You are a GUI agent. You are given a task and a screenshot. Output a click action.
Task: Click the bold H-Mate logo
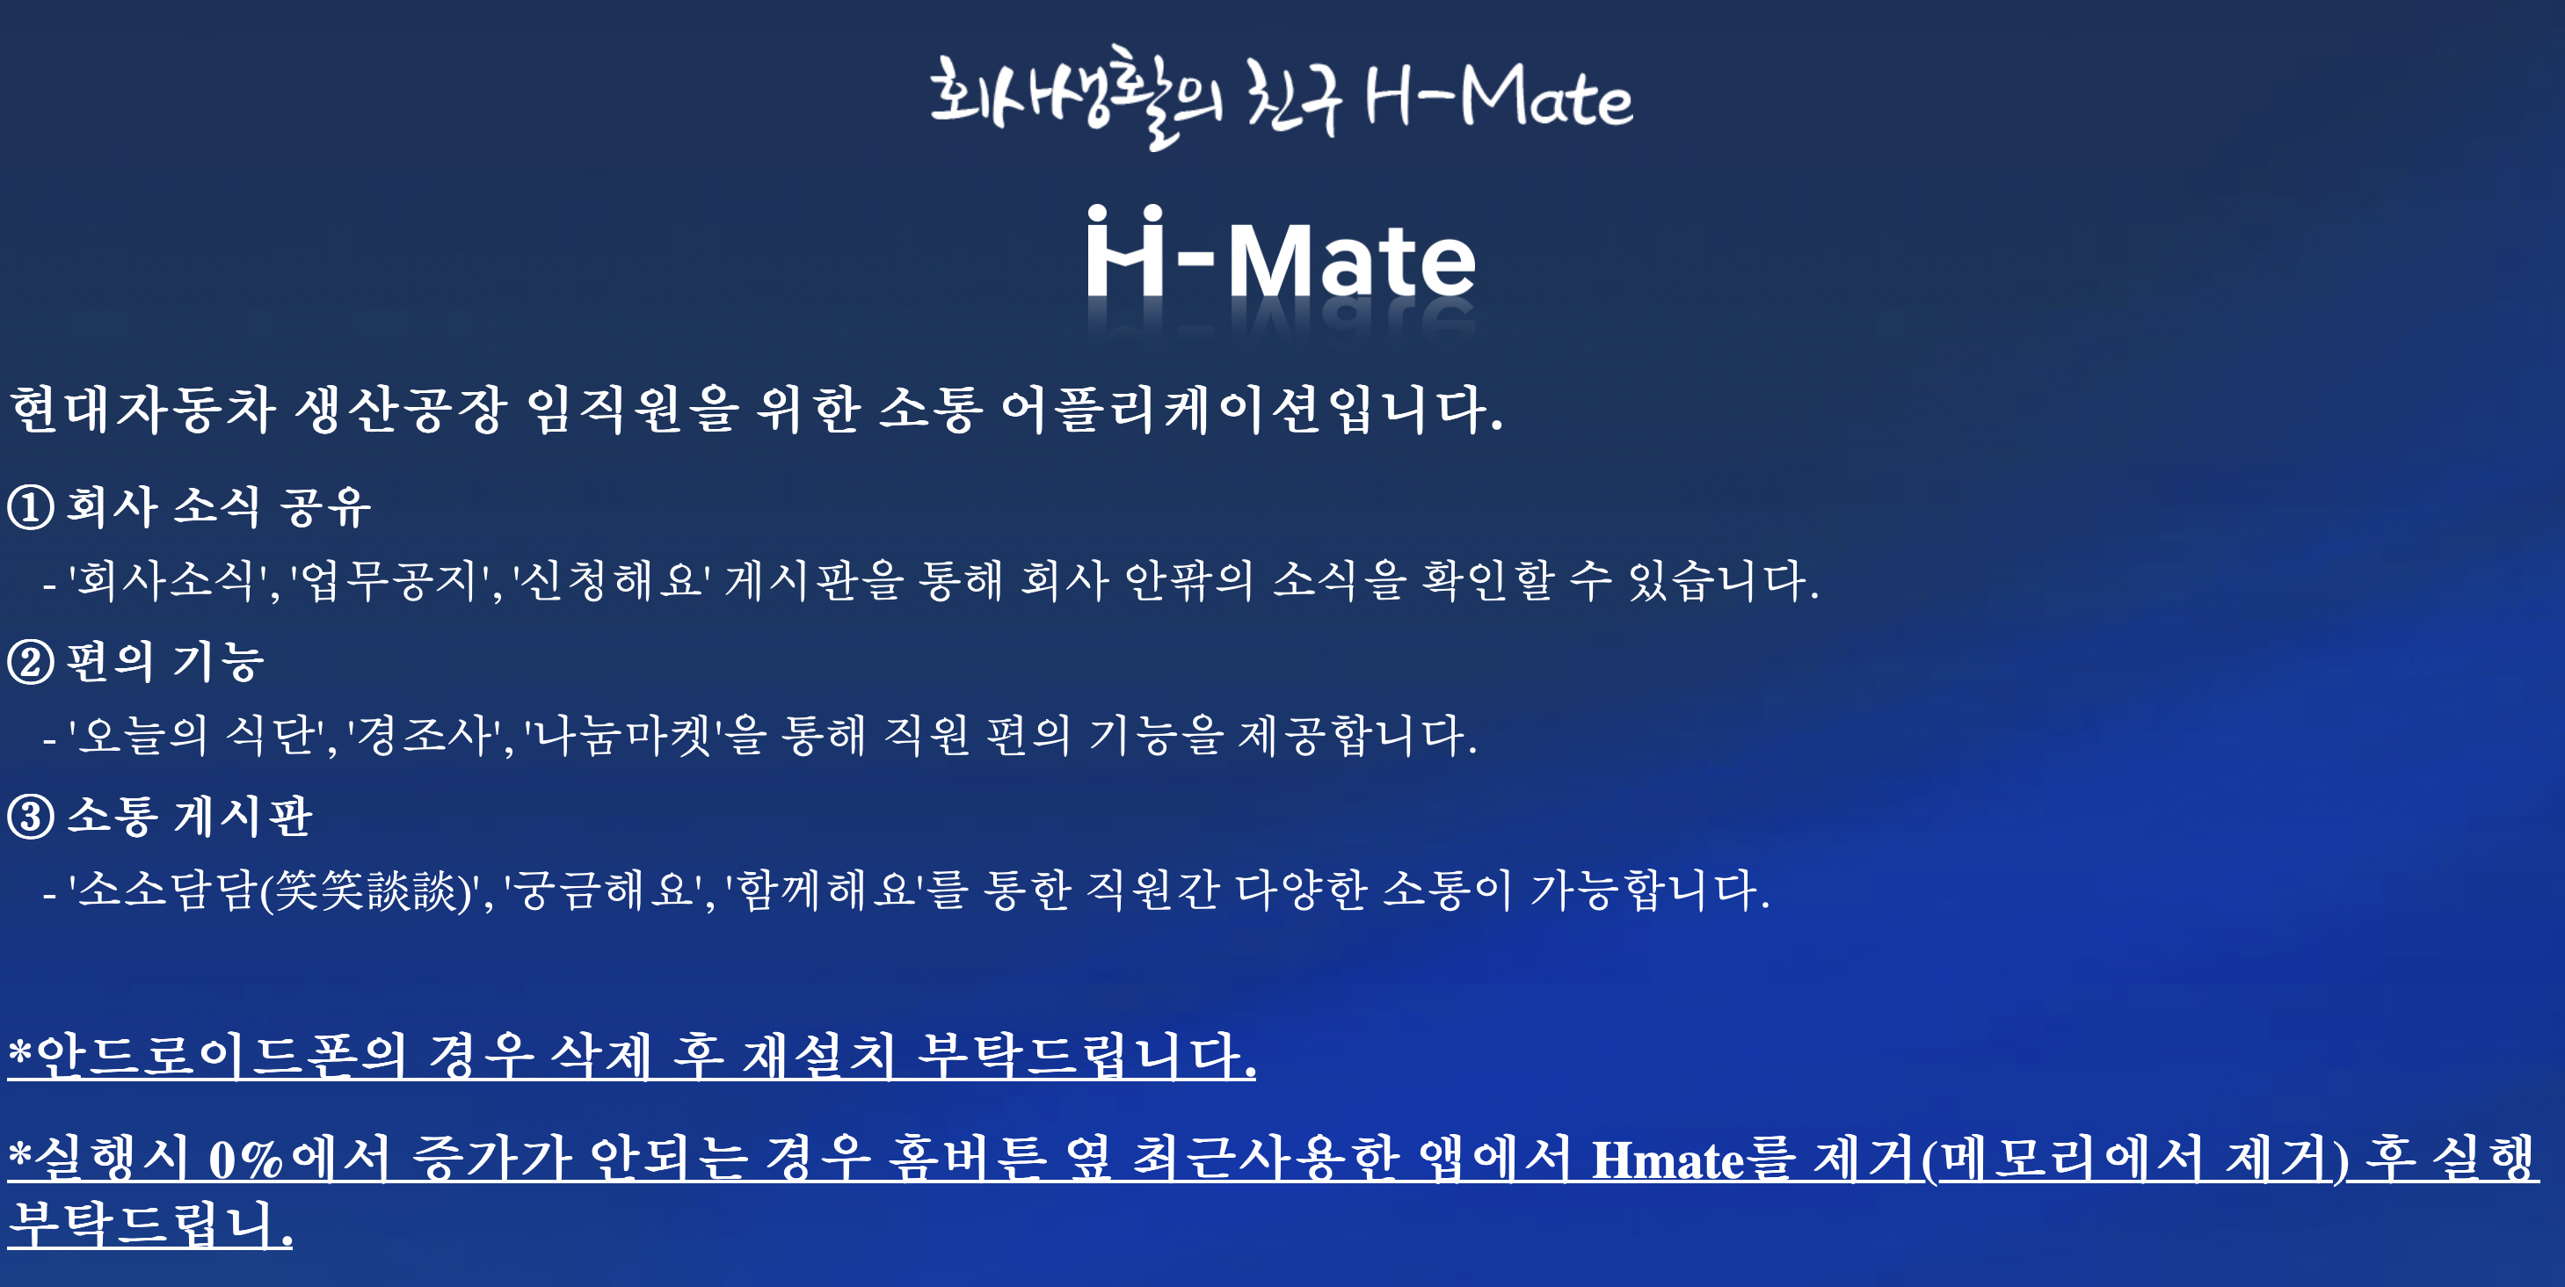1281,257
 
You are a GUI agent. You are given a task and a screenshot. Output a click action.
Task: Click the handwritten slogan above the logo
1281,98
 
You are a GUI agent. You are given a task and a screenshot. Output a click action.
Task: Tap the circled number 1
30,507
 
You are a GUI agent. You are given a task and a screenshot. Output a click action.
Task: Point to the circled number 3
30,817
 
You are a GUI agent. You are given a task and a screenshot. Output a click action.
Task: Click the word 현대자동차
142,410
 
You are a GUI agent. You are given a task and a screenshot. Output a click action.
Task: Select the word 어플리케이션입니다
1251,410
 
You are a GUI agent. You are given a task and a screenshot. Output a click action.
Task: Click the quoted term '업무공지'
395,581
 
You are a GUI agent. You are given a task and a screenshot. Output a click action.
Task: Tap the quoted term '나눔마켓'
625,736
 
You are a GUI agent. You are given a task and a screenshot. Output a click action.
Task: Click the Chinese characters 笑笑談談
366,890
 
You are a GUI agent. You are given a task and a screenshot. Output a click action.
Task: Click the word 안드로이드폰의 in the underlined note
220,1056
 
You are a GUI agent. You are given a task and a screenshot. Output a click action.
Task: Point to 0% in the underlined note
246,1160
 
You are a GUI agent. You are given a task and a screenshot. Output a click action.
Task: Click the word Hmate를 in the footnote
1693,1160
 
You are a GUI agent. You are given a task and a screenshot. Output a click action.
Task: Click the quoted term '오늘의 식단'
197,736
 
